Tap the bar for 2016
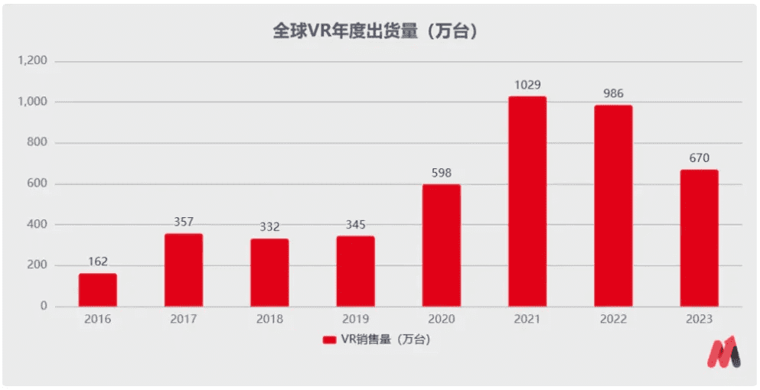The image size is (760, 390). pyautogui.click(x=97, y=290)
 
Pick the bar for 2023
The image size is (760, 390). pyautogui.click(x=699, y=238)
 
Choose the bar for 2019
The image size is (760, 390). pyautogui.click(x=355, y=271)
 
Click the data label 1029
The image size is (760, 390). pyautogui.click(x=527, y=85)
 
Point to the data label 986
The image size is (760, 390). pyautogui.click(x=613, y=94)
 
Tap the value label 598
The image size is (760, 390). pyautogui.click(x=442, y=173)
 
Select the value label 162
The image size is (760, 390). pyautogui.click(x=97, y=262)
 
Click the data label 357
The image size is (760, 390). pyautogui.click(x=184, y=223)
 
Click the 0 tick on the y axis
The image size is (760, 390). pyautogui.click(x=44, y=306)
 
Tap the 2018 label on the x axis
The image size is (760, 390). pyautogui.click(x=269, y=320)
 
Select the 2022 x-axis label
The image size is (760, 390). pyautogui.click(x=613, y=320)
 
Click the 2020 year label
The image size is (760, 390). pyautogui.click(x=442, y=320)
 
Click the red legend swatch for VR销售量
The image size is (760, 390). pyautogui.click(x=330, y=340)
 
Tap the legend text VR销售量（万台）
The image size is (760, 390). pyautogui.click(x=385, y=340)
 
